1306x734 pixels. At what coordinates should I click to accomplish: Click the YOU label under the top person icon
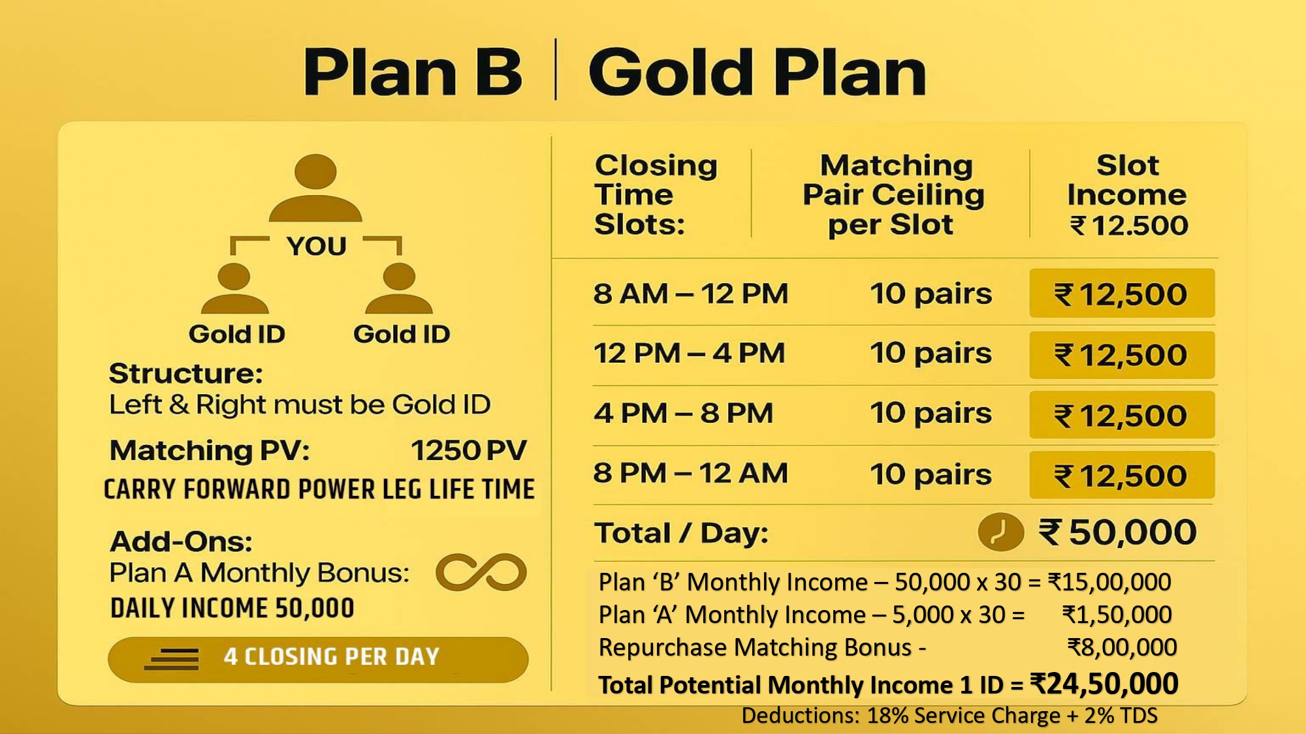pos(316,247)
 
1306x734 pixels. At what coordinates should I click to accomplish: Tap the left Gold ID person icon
pos(234,288)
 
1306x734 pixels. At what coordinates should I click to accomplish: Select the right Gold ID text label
pos(402,334)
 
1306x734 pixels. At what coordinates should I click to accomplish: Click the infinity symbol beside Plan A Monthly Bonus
pos(481,572)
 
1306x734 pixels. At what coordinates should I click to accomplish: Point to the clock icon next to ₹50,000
pos(1000,532)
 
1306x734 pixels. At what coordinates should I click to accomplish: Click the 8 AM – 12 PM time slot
pos(690,294)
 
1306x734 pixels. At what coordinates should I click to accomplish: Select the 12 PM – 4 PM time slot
pos(689,354)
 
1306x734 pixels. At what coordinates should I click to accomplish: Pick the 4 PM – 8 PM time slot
pos(683,414)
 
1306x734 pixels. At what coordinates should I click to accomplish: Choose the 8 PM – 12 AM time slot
pos(690,473)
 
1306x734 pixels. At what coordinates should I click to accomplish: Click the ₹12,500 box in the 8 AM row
pos(1122,294)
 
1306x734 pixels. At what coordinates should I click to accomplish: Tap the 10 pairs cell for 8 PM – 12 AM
pos(931,474)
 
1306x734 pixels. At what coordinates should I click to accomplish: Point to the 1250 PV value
pos(468,450)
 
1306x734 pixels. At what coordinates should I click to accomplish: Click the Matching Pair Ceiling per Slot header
pos(893,194)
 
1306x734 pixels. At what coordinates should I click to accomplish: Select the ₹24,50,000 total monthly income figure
pos(1104,684)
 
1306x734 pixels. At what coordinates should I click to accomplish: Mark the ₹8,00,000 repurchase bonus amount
pos(1122,647)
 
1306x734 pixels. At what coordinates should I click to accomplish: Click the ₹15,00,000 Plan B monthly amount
pos(1109,582)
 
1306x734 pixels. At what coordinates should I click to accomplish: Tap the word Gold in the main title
pos(671,72)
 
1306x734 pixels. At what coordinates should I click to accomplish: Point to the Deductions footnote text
pos(949,716)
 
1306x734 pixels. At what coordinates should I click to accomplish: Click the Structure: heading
pos(186,374)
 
